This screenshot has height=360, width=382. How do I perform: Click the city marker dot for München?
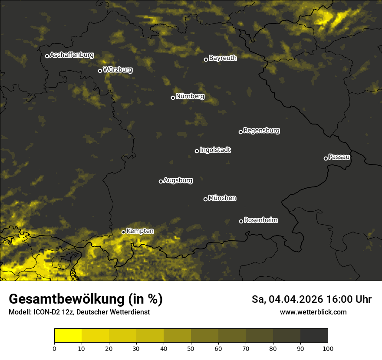click(205, 200)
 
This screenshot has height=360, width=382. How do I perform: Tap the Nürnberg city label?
click(190, 96)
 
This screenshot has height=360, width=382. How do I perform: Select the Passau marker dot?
click(326, 158)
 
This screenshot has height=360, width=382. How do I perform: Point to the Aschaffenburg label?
click(72, 55)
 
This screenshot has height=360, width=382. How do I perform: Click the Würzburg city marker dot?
click(100, 71)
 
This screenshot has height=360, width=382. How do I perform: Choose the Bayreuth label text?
click(223, 58)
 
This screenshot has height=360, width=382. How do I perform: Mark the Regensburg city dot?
click(240, 132)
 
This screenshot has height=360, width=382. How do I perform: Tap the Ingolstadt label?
click(215, 150)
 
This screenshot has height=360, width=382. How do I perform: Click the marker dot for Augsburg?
click(161, 181)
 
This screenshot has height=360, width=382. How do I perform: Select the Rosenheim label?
click(261, 220)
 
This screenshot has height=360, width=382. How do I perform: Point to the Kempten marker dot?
click(123, 232)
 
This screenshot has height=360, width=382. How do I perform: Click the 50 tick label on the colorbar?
click(191, 348)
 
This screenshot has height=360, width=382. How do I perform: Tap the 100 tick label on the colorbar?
click(328, 348)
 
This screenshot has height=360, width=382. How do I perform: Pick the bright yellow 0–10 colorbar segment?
click(68, 336)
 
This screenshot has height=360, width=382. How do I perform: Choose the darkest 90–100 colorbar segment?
click(314, 336)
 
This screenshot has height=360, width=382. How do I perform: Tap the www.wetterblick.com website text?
click(313, 312)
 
